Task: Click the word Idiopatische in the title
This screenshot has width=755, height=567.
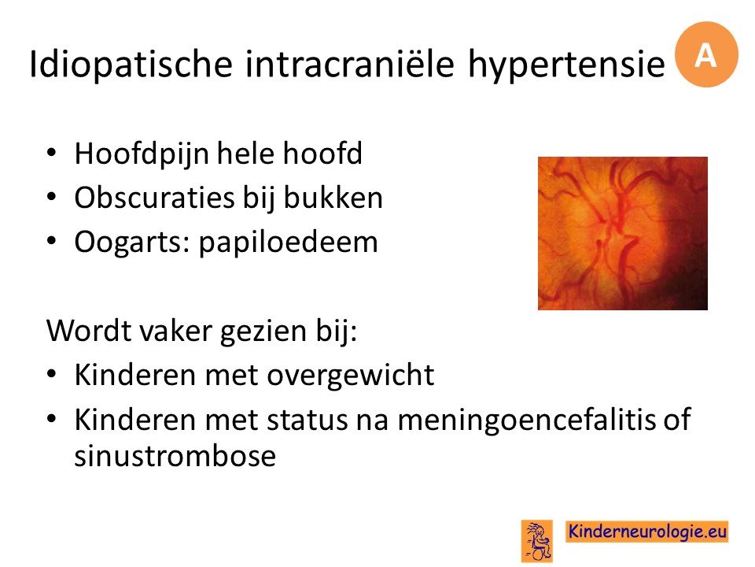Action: pyautogui.click(x=131, y=65)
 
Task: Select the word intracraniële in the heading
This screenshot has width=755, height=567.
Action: pyautogui.click(x=350, y=63)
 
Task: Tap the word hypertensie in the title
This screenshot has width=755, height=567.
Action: pyautogui.click(x=567, y=65)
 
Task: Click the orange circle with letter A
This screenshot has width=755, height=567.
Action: pyautogui.click(x=706, y=54)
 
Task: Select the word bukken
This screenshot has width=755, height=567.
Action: pyautogui.click(x=333, y=198)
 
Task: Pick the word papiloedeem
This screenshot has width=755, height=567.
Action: pyautogui.click(x=289, y=243)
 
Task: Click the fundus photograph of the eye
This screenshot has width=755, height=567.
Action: pyautogui.click(x=623, y=233)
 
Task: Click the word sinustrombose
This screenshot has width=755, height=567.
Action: pyautogui.click(x=175, y=456)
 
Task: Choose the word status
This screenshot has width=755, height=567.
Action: pyautogui.click(x=307, y=421)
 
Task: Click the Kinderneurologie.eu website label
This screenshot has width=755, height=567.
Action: pyautogui.click(x=647, y=532)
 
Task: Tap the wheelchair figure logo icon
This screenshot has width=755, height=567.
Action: pyautogui.click(x=537, y=541)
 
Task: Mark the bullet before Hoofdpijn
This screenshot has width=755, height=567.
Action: pyautogui.click(x=52, y=154)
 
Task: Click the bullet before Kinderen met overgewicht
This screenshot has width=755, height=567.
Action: pyautogui.click(x=52, y=375)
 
